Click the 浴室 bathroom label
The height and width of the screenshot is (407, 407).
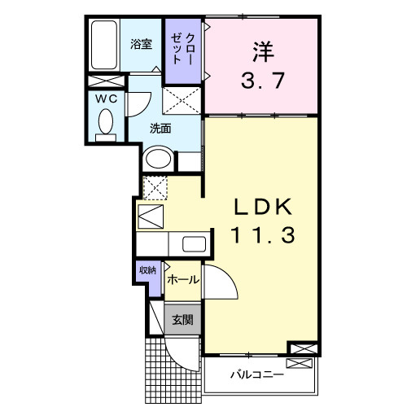141,45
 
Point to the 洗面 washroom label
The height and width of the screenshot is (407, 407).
159,129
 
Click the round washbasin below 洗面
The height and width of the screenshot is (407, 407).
158,159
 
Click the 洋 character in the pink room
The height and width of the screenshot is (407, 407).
260,50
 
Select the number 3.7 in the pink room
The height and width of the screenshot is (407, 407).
260,81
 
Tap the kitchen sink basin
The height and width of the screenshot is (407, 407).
193,244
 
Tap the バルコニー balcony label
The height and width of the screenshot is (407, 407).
256,375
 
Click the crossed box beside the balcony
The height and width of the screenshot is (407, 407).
300,348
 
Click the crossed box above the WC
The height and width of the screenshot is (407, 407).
106,81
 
